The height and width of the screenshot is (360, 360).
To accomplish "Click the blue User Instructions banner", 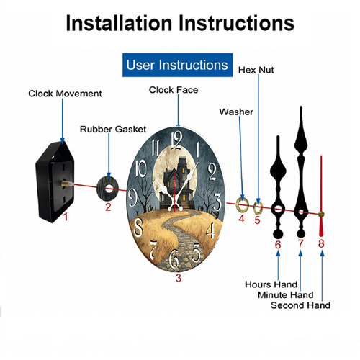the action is [177, 65].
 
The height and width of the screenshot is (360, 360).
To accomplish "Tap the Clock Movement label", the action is [65, 94].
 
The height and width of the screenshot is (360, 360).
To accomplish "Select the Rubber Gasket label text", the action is [113, 130].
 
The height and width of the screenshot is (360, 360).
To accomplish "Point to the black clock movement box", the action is [55, 182].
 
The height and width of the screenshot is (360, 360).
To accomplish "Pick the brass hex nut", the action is [258, 208].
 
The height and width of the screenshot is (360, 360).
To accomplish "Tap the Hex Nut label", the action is [256, 70].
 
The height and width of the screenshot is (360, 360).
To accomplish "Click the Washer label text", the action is [236, 112].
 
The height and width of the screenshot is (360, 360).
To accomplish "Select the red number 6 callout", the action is [278, 245].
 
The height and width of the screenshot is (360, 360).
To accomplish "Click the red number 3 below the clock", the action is [179, 278].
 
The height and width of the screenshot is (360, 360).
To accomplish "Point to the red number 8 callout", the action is [321, 243].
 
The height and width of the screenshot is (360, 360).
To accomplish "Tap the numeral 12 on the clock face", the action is [177, 140].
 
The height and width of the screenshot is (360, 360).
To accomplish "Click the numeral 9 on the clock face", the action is [132, 197].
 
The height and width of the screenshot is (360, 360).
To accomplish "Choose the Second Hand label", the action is [300, 305].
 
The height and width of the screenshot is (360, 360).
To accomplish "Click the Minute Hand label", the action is [286, 295].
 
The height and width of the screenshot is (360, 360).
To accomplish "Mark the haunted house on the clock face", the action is [177, 183].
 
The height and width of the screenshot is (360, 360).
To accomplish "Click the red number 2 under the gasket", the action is [108, 207].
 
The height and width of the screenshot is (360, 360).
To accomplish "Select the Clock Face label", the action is [174, 90].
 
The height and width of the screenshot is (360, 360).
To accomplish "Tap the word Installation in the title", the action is [119, 23].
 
